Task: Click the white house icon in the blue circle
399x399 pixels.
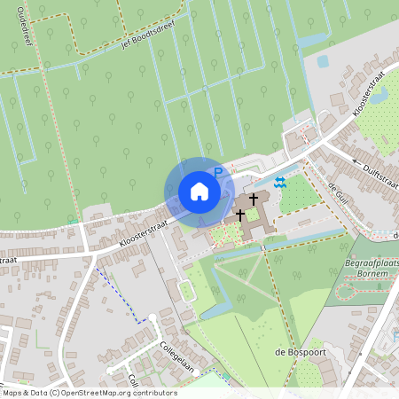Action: click(199, 192)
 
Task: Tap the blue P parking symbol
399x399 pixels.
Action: click(217, 174)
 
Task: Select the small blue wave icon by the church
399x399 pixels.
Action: click(280, 182)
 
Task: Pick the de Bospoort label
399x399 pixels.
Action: click(294, 353)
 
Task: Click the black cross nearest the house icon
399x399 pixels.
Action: click(239, 215)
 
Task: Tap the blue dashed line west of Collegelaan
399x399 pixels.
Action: click(117, 293)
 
